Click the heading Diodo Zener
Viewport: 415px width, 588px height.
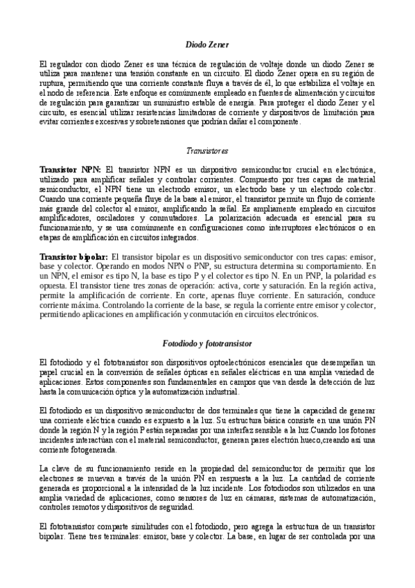pyautogui.click(x=207, y=45)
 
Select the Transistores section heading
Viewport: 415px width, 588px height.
pyautogui.click(x=207, y=150)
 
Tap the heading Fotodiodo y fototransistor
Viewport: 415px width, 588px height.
pyautogui.click(x=207, y=343)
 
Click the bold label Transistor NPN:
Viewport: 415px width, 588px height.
pyautogui.click(x=71, y=169)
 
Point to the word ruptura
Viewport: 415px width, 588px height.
pyautogui.click(x=53, y=83)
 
